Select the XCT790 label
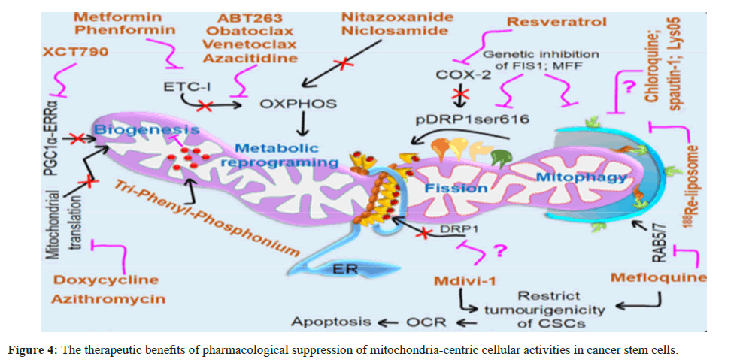(75, 53)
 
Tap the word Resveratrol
(556, 21)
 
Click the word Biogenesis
(147, 131)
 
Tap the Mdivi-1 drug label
(464, 281)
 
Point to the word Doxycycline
(106, 280)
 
